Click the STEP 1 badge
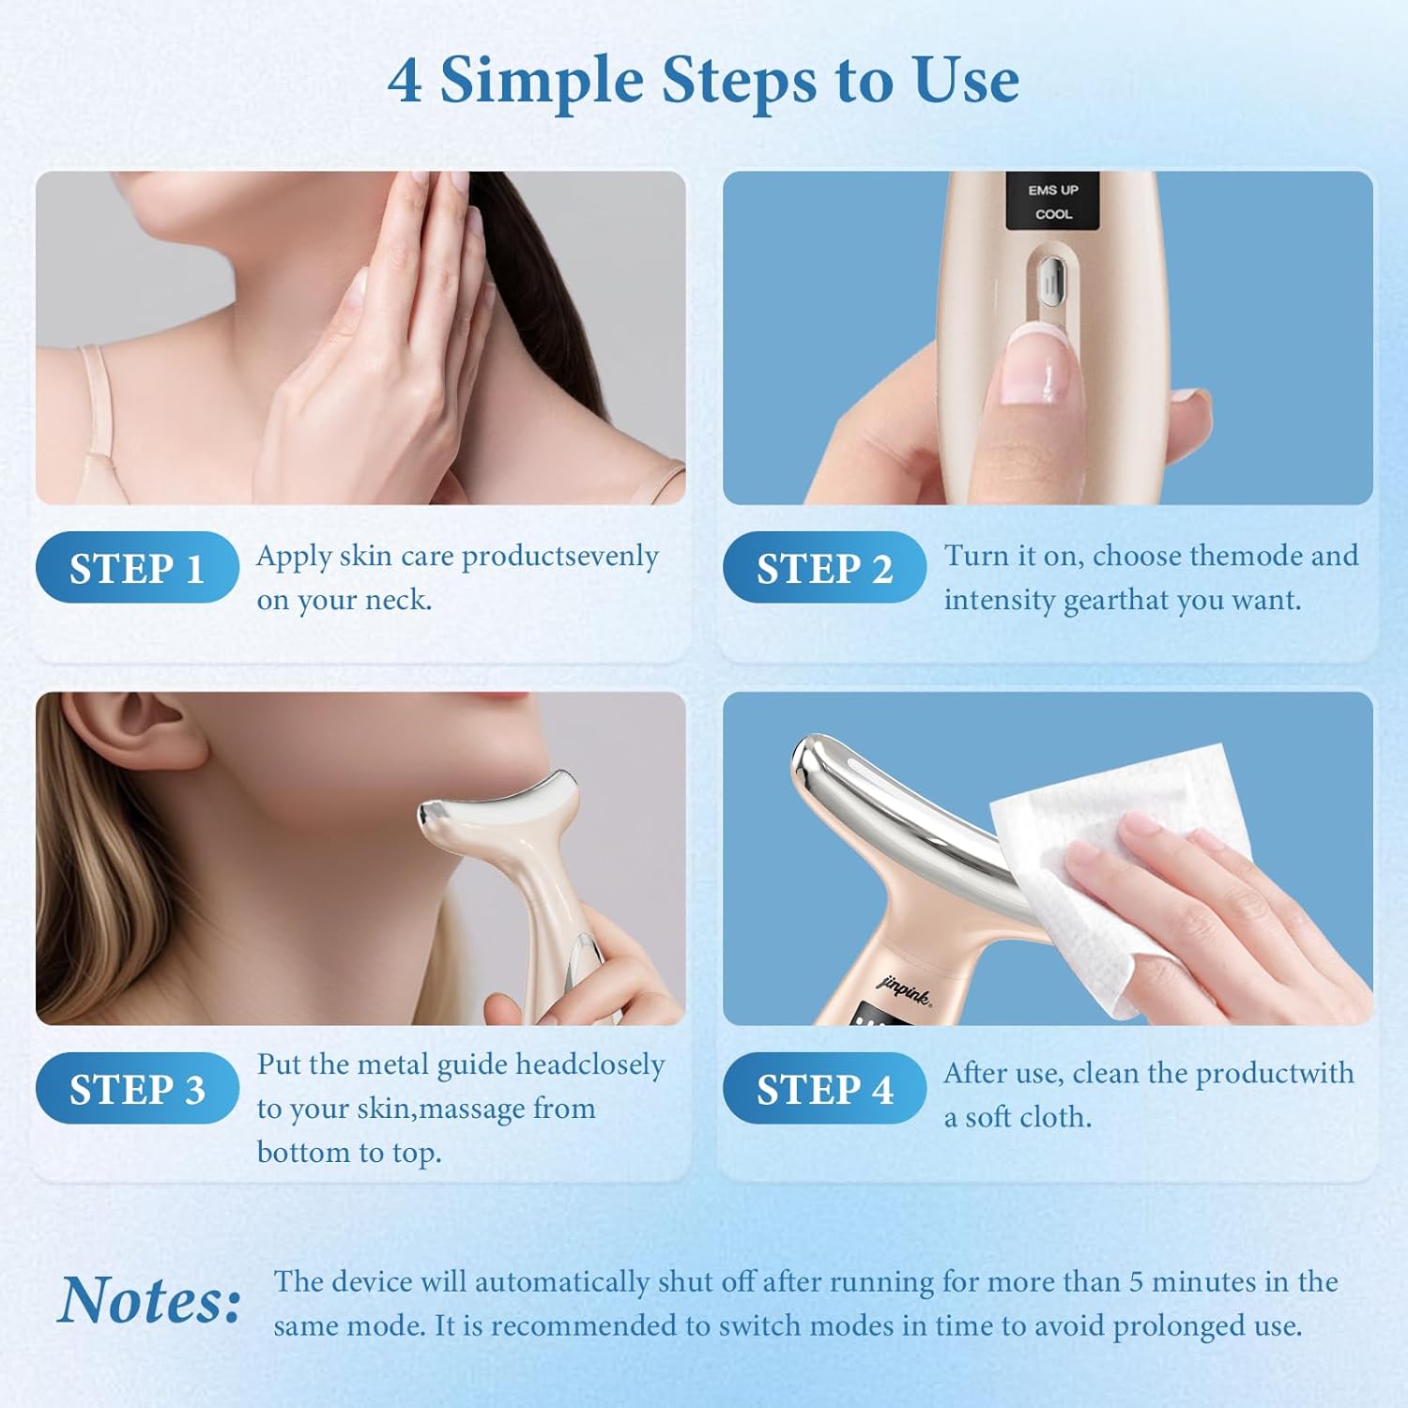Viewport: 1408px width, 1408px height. point(137,567)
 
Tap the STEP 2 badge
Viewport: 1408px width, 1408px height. point(824,567)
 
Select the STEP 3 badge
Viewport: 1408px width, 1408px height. point(137,1088)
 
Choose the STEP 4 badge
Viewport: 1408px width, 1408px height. point(824,1088)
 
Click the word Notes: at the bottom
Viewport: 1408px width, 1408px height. point(150,1301)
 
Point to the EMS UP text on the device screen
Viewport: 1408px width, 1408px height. point(1053,190)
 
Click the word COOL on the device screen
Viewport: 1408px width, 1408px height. point(1053,214)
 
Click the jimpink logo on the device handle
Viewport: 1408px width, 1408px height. point(905,989)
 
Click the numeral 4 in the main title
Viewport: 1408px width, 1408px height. point(405,81)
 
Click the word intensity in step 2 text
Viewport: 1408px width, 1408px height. point(1000,601)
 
